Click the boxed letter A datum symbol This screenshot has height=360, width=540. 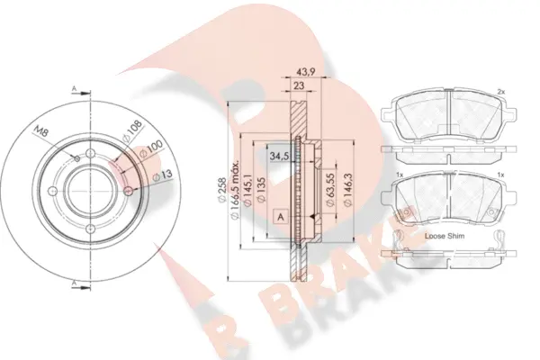point(282,217)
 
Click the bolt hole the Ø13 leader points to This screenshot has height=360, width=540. point(128,191)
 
